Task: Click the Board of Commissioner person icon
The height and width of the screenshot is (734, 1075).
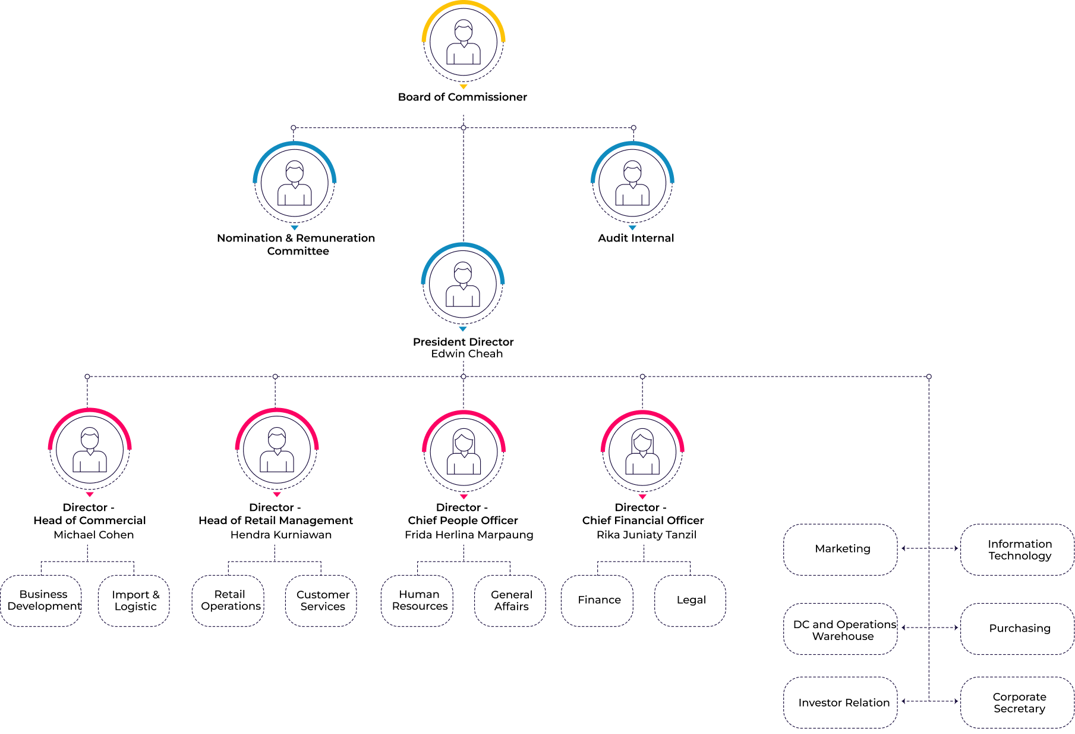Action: (464, 42)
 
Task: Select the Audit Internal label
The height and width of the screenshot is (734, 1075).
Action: (636, 238)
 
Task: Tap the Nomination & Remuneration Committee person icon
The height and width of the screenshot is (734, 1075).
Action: (295, 183)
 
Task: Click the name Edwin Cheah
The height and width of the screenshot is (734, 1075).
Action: (467, 354)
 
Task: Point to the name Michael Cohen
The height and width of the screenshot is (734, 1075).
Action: (94, 535)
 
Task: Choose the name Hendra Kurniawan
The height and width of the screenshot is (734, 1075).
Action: (281, 535)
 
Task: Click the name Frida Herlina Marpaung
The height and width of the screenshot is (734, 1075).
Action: (469, 535)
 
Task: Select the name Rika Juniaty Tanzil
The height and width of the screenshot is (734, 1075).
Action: (647, 535)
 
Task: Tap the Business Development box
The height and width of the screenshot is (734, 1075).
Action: (42, 601)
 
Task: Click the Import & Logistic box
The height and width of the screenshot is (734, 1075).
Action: (134, 601)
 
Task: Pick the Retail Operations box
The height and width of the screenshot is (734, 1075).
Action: (228, 601)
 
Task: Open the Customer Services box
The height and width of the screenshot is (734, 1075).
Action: (321, 601)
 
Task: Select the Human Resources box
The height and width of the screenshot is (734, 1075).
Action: (417, 601)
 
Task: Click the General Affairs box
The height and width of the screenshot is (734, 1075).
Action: (510, 601)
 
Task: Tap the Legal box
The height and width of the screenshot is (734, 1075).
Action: (690, 601)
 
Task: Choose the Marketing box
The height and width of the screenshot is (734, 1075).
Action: (840, 550)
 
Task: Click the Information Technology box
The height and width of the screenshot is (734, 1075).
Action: (1017, 550)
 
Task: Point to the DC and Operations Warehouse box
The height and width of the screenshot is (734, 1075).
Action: (840, 629)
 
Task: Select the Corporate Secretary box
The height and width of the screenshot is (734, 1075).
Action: (1017, 702)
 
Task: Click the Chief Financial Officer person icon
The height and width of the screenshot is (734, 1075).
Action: (642, 451)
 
